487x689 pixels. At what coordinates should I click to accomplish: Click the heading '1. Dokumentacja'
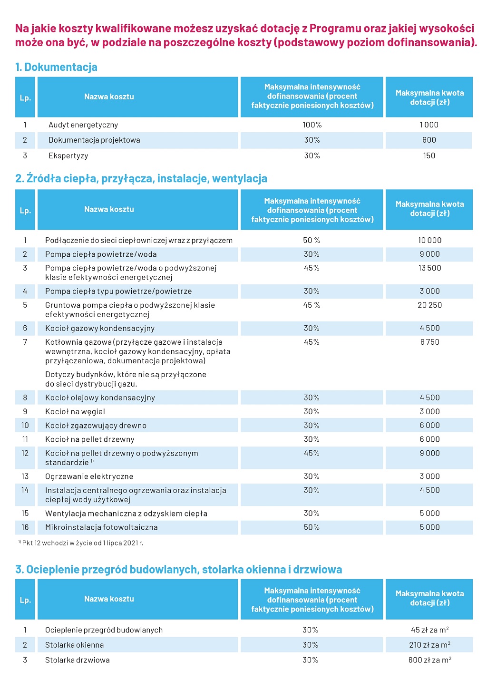click(56, 67)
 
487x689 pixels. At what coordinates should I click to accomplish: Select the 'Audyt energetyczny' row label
click(83, 125)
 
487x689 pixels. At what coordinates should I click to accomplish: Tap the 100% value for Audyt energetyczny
click(312, 125)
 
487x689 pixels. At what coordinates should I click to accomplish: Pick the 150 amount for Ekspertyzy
click(429, 156)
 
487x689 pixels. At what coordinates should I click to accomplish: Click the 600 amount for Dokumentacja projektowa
click(429, 140)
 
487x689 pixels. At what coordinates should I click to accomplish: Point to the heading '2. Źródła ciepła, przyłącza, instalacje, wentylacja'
click(141, 179)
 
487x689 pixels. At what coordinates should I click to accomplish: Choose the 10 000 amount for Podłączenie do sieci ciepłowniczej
click(429, 241)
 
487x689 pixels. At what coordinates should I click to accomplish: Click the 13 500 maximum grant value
click(429, 268)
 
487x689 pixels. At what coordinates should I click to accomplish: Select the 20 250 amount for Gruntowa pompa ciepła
click(429, 305)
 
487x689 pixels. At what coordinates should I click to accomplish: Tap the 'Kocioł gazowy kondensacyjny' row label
click(100, 329)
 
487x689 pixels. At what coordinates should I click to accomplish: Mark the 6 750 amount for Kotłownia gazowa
click(429, 342)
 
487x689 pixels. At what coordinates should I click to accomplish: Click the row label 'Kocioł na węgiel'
click(75, 412)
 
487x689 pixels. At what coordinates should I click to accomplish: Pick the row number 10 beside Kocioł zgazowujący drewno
click(25, 426)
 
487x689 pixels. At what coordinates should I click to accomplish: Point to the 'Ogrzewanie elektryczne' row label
click(89, 476)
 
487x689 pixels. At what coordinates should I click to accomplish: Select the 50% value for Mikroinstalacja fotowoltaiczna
click(312, 527)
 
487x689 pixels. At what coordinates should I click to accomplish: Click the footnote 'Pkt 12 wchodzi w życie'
click(82, 543)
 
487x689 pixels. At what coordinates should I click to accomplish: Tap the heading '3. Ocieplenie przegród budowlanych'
click(178, 570)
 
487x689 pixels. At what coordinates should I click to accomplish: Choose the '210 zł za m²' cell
click(429, 645)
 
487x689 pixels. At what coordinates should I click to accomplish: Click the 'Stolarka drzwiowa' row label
click(78, 660)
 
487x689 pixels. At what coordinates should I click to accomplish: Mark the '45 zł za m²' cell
click(429, 630)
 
